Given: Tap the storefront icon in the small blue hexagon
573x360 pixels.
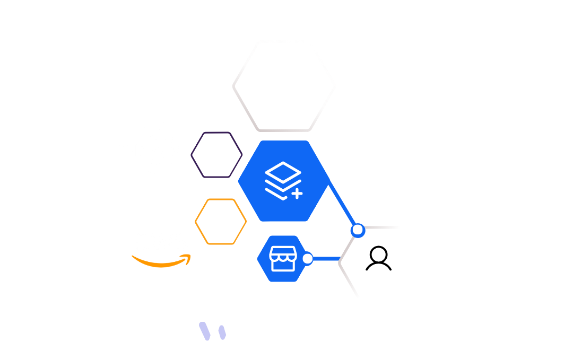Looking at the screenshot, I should [281, 259].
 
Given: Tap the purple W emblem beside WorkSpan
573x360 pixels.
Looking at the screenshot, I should [218, 332].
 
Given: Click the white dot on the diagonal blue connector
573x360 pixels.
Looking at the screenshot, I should [358, 230].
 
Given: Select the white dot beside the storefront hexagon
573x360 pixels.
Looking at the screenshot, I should [307, 259].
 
